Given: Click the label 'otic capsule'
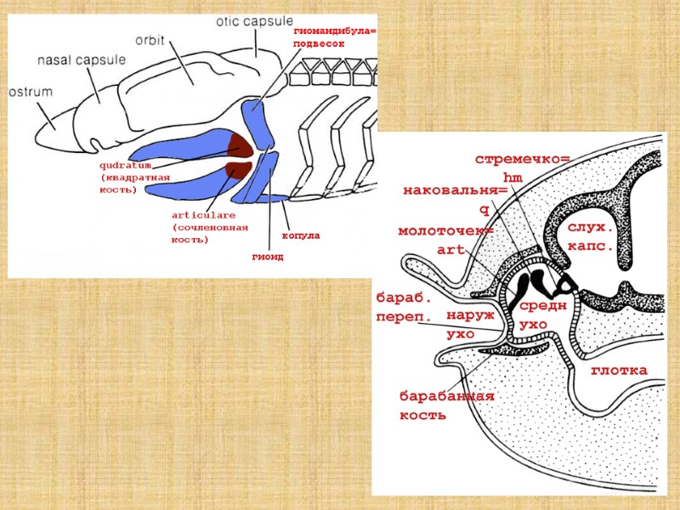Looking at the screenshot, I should point(254,20).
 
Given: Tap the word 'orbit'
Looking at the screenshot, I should point(150,40).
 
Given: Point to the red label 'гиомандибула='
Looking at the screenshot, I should point(335,31).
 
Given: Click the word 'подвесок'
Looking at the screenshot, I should point(319,43).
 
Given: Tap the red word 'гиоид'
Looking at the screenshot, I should point(267,255).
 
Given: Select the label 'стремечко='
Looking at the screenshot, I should point(522,160).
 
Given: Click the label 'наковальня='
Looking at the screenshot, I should point(454,191).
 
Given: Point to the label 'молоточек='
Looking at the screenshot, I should point(445,231).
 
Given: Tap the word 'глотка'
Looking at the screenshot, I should point(619,371).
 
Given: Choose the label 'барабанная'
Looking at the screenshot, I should point(446,397).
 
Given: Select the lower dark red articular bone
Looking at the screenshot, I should point(237,169).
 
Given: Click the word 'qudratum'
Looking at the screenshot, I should point(125,165).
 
